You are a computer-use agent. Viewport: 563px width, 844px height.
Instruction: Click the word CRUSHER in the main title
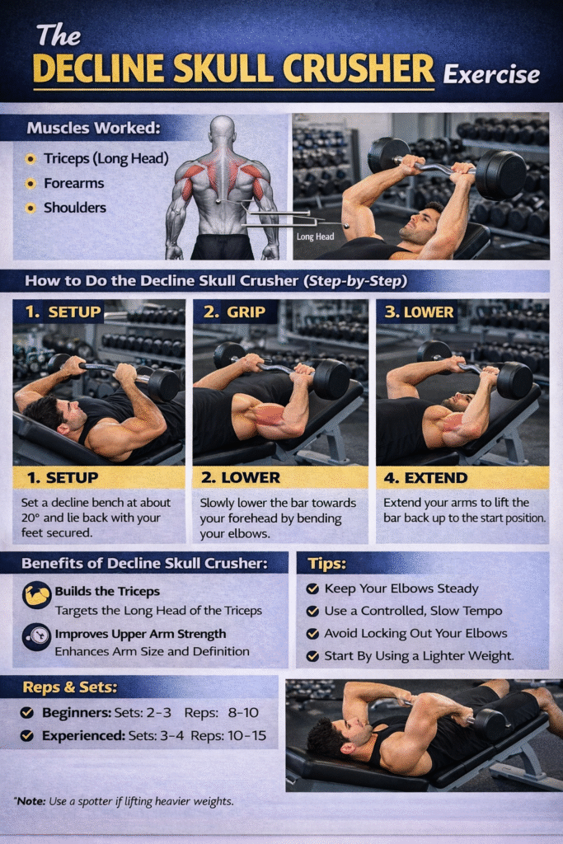click(x=358, y=69)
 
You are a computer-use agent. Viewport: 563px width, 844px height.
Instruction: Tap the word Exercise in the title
click(x=491, y=74)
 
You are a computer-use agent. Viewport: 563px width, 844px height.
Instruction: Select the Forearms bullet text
click(x=73, y=183)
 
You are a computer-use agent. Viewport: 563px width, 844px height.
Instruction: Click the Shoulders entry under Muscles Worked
click(x=75, y=207)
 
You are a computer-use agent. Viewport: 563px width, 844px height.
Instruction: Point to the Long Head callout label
click(x=316, y=237)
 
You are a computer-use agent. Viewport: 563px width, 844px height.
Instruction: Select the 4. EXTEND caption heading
click(x=425, y=478)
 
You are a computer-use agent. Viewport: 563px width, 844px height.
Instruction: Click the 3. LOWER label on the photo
click(x=419, y=312)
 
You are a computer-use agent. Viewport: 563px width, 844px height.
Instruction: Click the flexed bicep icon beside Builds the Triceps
click(x=36, y=595)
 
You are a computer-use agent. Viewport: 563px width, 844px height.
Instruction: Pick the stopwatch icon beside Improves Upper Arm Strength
click(x=36, y=637)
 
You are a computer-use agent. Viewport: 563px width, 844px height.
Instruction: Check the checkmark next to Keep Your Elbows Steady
click(x=312, y=588)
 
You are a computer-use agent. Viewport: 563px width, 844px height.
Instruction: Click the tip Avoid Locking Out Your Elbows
click(x=415, y=633)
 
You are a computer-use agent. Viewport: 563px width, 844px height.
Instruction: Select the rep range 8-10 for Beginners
click(x=243, y=712)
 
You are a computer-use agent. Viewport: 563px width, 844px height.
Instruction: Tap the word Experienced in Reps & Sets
click(x=83, y=735)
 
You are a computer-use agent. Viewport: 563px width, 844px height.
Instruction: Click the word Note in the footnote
click(x=30, y=801)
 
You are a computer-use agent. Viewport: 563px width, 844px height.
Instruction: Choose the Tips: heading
click(x=326, y=564)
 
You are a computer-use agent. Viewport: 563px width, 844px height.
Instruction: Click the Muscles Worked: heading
click(x=94, y=128)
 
